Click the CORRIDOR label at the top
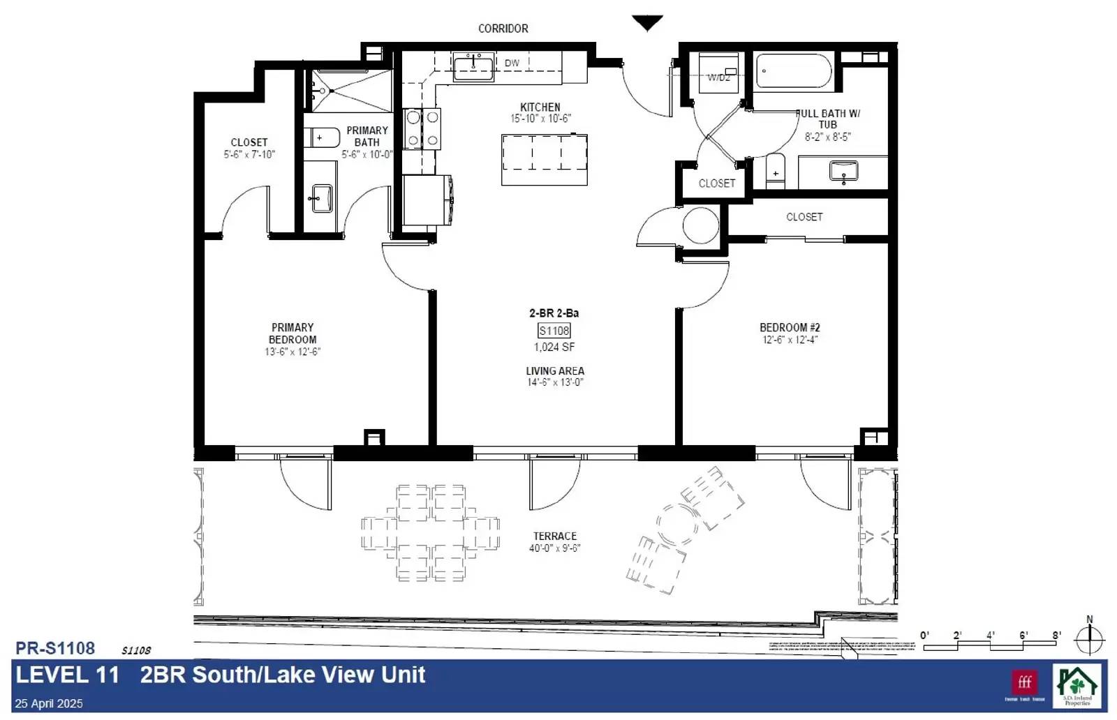503,29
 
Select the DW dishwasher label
512,63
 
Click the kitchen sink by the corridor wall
473,67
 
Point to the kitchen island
544,159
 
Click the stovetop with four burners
422,128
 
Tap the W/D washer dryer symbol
718,73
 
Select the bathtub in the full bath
793,71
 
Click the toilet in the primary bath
323,137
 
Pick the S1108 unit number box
554,331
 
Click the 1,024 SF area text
554,347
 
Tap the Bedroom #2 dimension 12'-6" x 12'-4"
790,340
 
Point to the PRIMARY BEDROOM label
293,333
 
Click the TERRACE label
555,536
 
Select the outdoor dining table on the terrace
430,533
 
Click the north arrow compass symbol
1089,638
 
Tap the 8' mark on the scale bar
1057,636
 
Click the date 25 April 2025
49,703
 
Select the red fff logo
1024,682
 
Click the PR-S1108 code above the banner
55,648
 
